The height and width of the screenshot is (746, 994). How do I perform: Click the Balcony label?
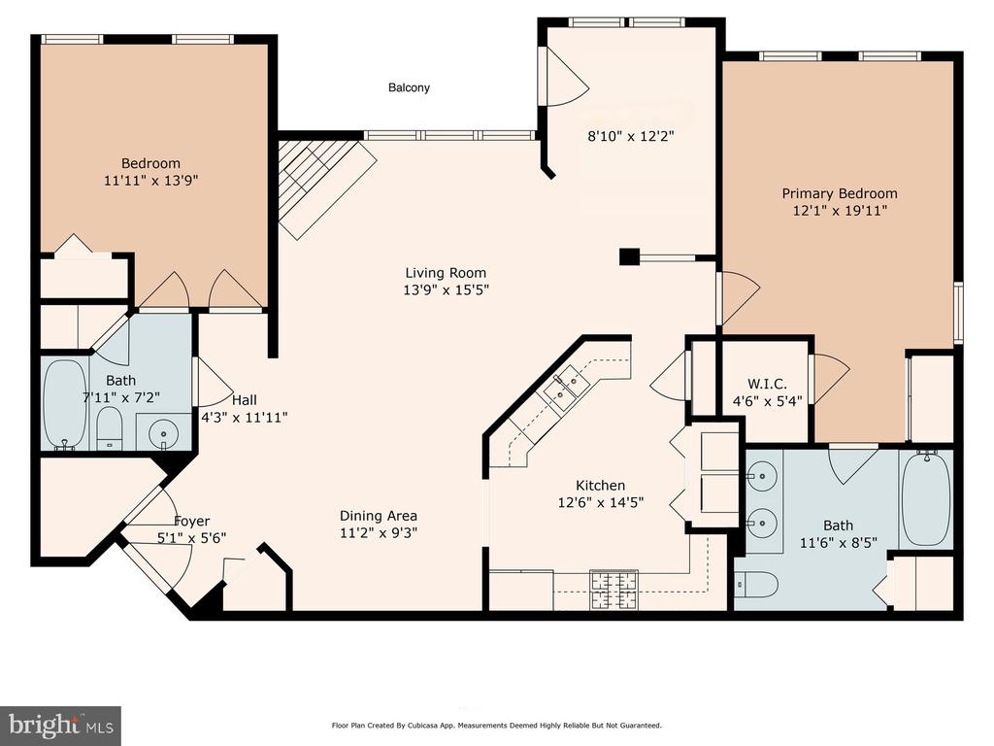tap(409, 87)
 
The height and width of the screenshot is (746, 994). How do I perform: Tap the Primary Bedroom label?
tap(840, 193)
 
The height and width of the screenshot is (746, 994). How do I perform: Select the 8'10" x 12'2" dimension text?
tap(630, 136)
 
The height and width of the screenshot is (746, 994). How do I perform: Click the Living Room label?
tap(446, 273)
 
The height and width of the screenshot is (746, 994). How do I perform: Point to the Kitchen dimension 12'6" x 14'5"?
tap(600, 502)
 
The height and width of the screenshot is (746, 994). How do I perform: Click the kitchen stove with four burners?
tap(613, 590)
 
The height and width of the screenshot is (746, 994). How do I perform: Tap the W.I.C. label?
tap(767, 384)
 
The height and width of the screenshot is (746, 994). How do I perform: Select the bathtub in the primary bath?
tap(926, 498)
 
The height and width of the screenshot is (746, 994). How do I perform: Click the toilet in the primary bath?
tap(756, 584)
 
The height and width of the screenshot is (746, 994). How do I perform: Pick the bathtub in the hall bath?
tap(65, 405)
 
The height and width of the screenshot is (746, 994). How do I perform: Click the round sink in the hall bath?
tap(163, 434)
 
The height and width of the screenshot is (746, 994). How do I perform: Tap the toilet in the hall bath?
tap(110, 428)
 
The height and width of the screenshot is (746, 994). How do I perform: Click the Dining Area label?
tap(379, 516)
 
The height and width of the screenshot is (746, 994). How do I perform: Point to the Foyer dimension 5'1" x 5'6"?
tap(191, 537)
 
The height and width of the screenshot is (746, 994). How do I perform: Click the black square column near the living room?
tap(629, 256)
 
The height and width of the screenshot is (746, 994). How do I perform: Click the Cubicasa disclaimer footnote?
tap(496, 725)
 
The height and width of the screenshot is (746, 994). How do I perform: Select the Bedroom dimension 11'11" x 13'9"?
tap(150, 180)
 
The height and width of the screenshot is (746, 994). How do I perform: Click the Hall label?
tap(244, 399)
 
